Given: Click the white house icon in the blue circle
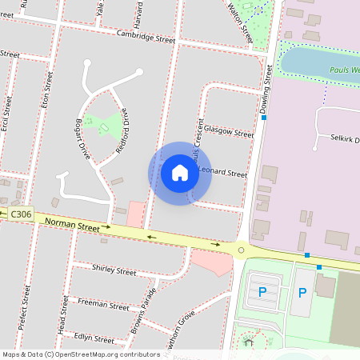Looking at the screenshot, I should (x=179, y=172).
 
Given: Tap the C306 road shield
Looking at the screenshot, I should (x=22, y=214).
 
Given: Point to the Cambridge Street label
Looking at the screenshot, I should (x=145, y=38).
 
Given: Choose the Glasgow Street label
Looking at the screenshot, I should (x=228, y=129).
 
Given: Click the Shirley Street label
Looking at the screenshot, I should (x=114, y=271).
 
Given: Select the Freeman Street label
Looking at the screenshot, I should (x=103, y=305).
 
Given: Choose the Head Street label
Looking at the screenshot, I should (x=61, y=315).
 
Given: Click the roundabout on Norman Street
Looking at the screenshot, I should (x=240, y=250).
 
